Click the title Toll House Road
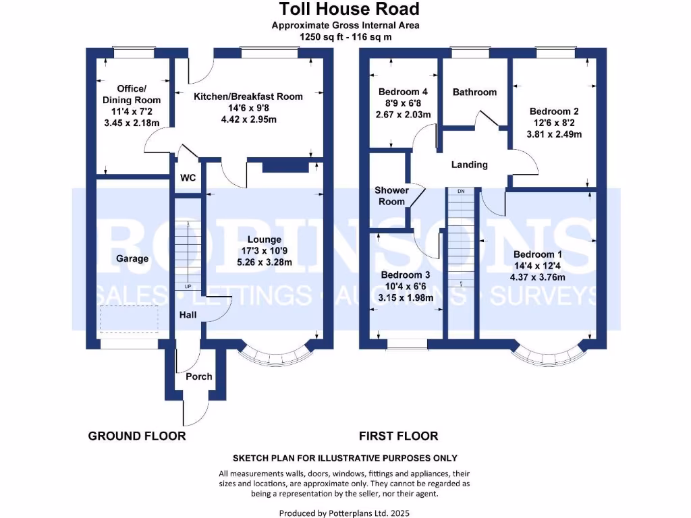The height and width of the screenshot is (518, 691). [350, 9]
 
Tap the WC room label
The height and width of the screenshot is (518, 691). [187, 179]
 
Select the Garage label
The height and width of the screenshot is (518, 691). [132, 258]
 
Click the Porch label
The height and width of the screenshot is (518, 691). [199, 376]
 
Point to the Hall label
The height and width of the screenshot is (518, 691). [188, 315]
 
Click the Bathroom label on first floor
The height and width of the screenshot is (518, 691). [474, 92]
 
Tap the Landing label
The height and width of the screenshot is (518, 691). [469, 165]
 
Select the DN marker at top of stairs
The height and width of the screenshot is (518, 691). [461, 192]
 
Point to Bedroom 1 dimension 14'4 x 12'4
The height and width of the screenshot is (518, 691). [538, 266]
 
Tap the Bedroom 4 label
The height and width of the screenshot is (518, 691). [404, 92]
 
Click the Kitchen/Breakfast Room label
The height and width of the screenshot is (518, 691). [248, 96]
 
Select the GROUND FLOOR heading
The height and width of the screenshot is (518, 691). [137, 436]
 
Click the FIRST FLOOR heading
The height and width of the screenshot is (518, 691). [398, 436]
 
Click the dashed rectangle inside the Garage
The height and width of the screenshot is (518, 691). [129, 319]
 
